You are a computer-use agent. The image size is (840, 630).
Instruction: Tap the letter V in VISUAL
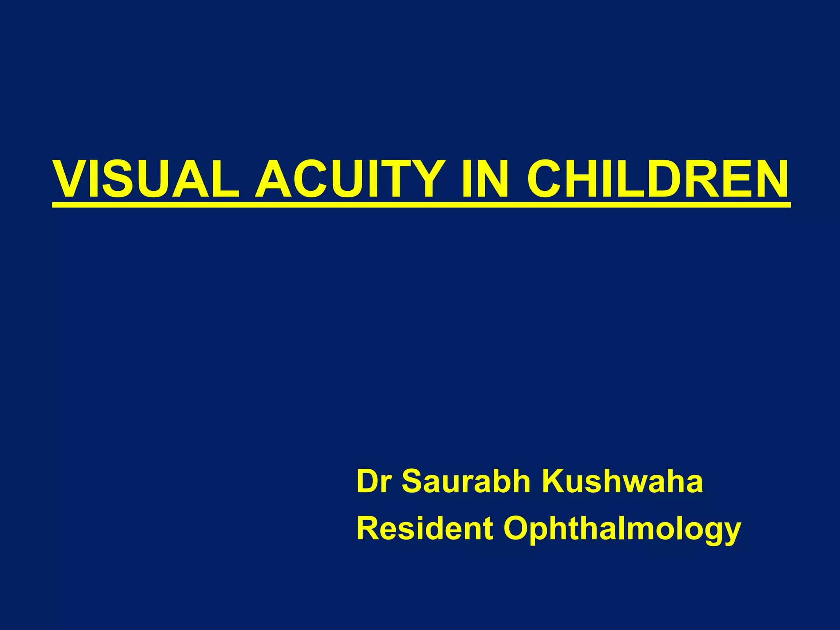click(72, 179)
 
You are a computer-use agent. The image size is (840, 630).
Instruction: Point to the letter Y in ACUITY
click(428, 179)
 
